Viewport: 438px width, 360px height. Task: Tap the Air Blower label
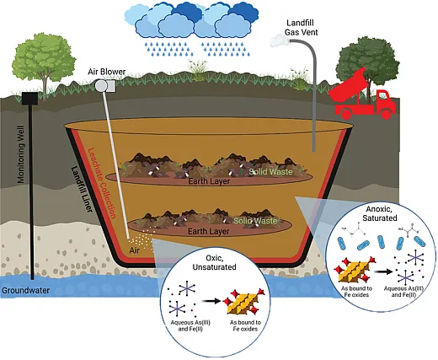click(x=107, y=72)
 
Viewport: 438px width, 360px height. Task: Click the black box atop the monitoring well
click(x=32, y=98)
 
